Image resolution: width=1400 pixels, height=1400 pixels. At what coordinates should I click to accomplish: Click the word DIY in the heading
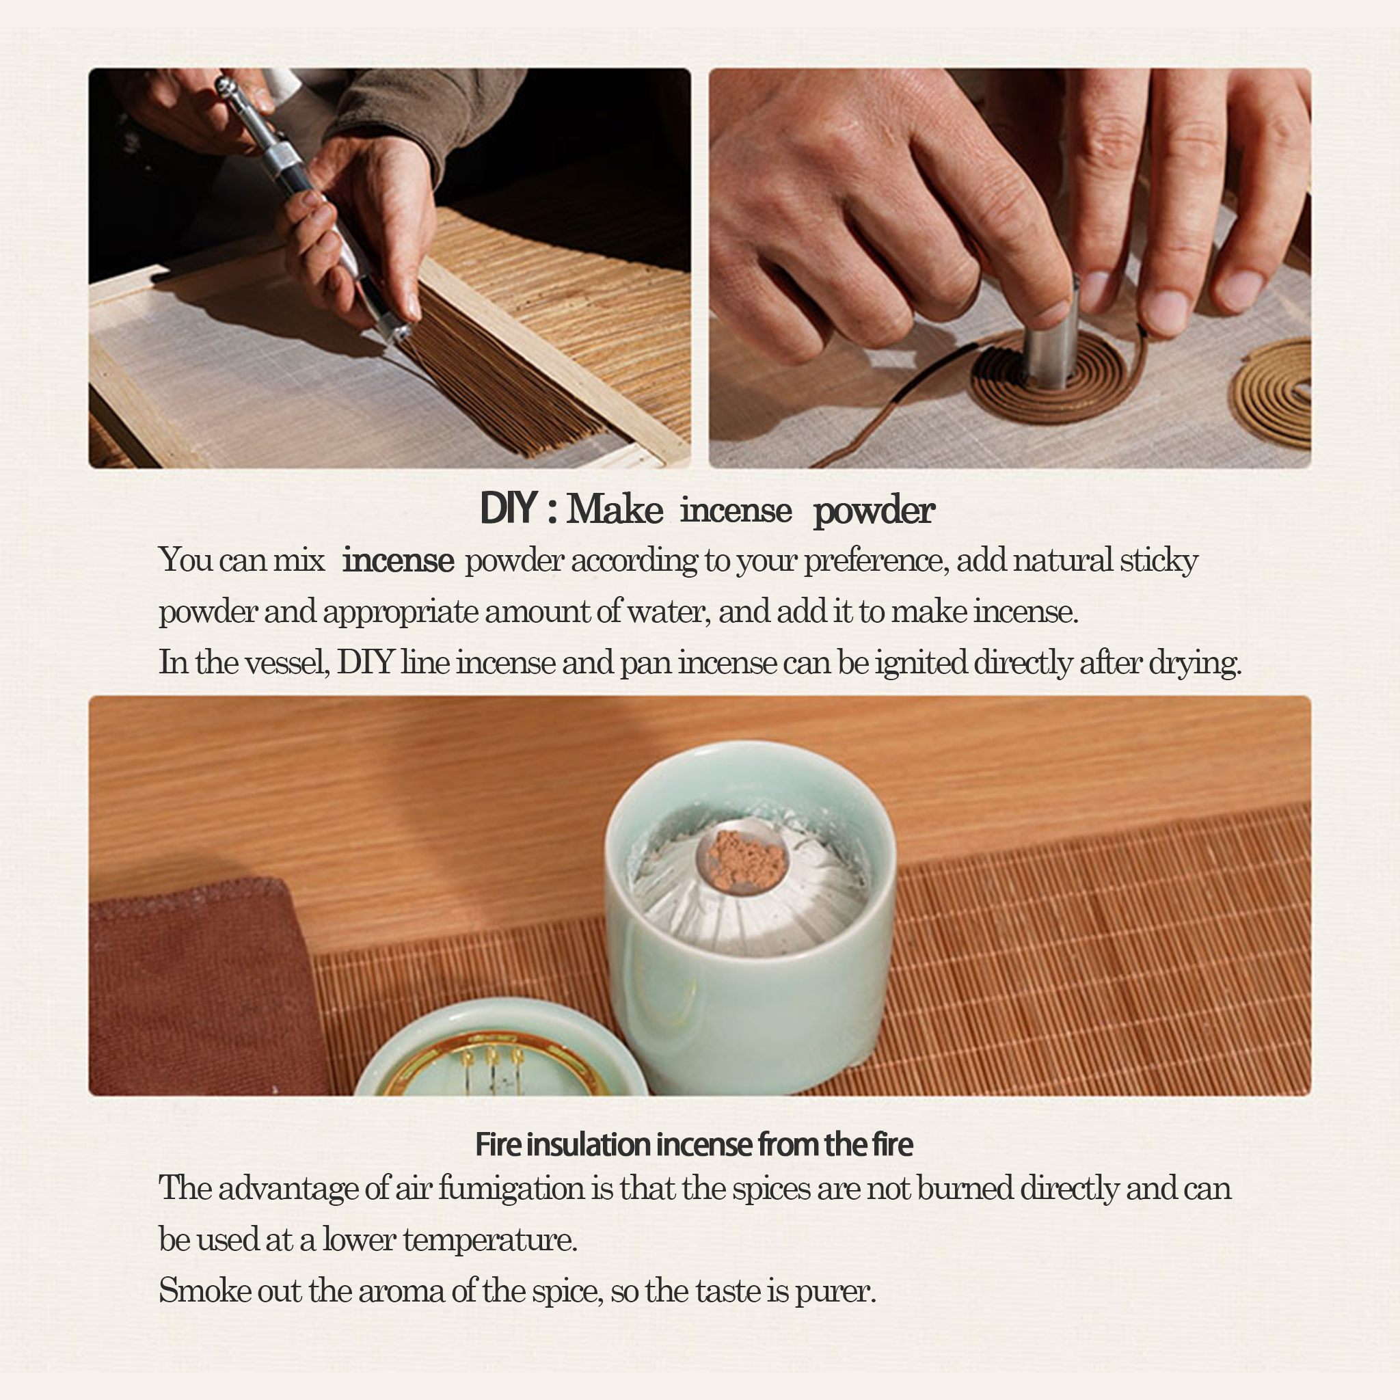(x=508, y=508)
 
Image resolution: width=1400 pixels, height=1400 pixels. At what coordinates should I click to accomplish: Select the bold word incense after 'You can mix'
(x=398, y=560)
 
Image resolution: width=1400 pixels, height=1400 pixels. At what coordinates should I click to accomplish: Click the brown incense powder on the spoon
(x=747, y=859)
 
